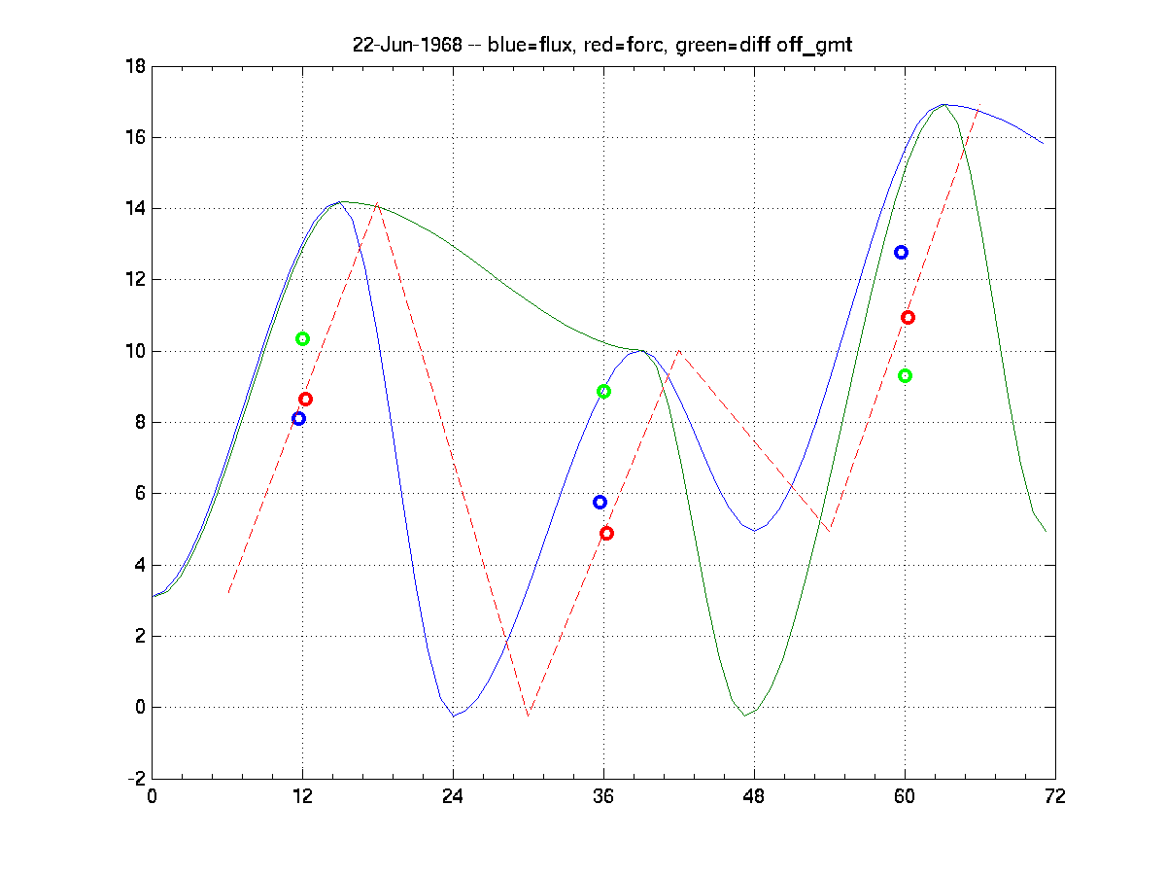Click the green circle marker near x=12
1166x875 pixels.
(302, 338)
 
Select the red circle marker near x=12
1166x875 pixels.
(305, 399)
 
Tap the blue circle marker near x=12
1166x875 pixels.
(298, 418)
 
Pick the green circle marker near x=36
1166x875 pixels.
(603, 391)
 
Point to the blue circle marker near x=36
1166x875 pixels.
(600, 502)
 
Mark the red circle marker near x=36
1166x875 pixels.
(606, 533)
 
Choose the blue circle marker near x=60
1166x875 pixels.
(901, 252)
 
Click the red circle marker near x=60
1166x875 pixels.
(908, 317)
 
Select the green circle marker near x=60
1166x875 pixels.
(905, 375)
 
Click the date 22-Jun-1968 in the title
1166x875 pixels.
(407, 46)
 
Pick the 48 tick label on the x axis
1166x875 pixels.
(754, 796)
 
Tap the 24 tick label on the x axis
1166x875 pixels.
(453, 796)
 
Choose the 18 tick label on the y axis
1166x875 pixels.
(135, 66)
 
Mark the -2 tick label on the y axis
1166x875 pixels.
(135, 779)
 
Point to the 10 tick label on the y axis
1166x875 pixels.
(135, 351)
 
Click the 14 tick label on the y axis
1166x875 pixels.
(135, 208)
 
